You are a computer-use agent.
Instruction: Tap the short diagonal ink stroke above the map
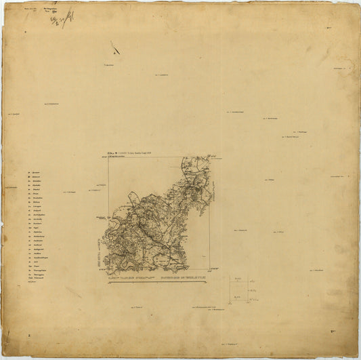pos(114,47)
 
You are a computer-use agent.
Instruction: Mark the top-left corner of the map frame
pos(108,157)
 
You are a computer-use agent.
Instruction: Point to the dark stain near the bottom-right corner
pos(333,330)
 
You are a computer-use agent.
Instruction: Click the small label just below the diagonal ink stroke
pos(108,65)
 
